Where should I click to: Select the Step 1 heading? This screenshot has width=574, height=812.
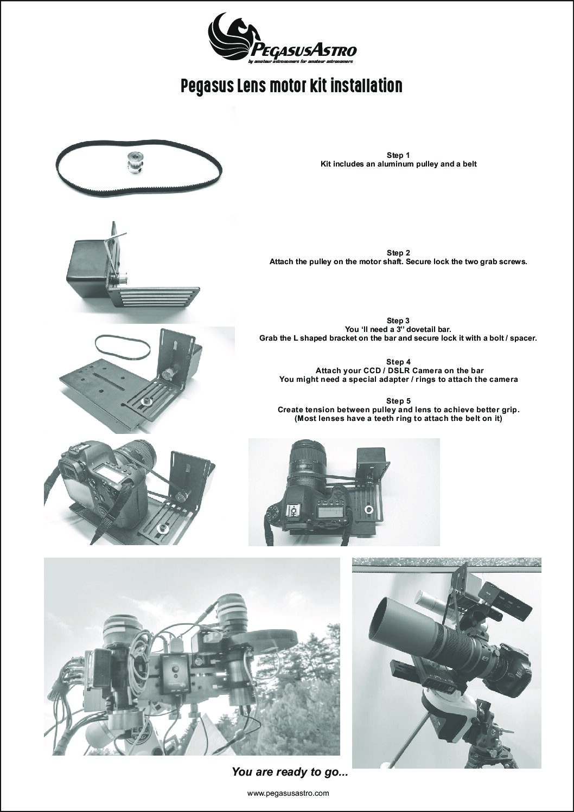click(x=398, y=155)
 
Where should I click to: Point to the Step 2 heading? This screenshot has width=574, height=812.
click(x=398, y=253)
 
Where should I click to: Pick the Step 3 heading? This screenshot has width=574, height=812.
click(x=398, y=321)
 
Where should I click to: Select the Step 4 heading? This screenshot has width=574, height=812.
click(x=398, y=362)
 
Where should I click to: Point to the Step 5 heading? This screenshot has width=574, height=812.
click(x=398, y=401)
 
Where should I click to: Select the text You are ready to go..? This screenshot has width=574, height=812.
click(x=289, y=771)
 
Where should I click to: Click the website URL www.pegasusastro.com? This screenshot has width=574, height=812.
click(x=288, y=793)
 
